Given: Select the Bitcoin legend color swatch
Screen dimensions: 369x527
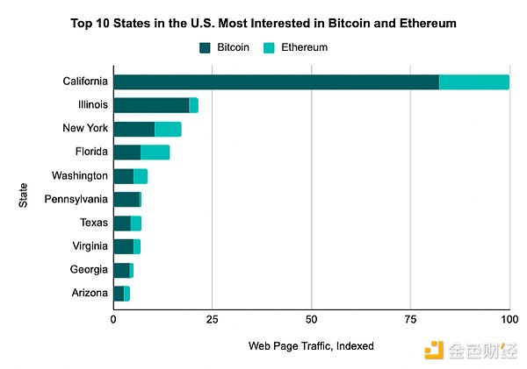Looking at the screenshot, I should click(206, 46).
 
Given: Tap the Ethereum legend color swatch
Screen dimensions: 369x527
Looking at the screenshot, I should click(269, 46).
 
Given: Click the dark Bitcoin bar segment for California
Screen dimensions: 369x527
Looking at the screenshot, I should click(276, 82).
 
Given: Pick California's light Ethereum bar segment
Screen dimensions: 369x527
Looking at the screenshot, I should click(473, 82).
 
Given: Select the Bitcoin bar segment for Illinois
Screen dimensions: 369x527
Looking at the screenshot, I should click(151, 105).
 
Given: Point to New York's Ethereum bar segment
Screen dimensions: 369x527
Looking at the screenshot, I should click(168, 129).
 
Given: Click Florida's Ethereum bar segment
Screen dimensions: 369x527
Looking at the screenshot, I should click(155, 153).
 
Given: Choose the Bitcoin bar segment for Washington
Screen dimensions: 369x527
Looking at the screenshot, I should click(124, 176).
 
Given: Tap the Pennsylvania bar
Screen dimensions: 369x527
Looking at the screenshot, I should click(126, 199).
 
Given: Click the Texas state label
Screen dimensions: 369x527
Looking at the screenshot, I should click(93, 223).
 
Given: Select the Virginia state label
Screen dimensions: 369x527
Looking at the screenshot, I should click(90, 246).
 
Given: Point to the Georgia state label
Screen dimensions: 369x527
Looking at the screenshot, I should click(89, 269).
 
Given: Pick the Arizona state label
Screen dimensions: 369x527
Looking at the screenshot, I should click(90, 293).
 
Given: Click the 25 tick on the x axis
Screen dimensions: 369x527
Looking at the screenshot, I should click(212, 320).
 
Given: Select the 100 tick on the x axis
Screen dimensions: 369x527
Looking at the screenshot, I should click(509, 320).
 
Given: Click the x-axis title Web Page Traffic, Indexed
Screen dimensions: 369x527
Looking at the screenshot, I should click(311, 346).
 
